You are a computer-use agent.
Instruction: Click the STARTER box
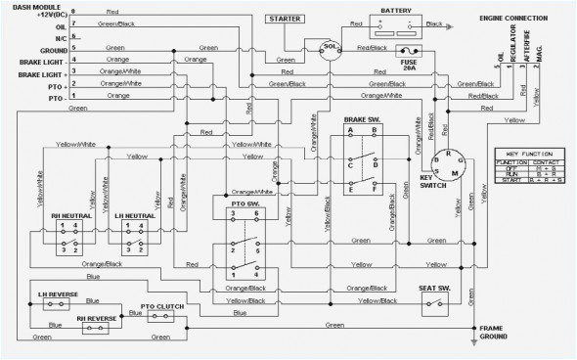point(286,18)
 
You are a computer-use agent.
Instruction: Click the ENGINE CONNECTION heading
point(512,18)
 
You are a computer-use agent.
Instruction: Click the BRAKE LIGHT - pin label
point(28,61)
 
